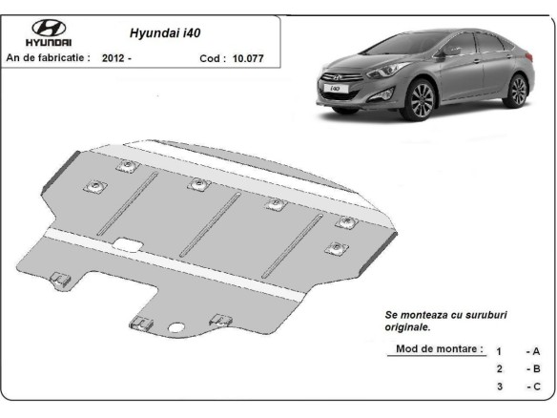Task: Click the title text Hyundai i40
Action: (165, 31)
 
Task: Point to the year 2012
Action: (112, 58)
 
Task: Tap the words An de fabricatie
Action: (48, 58)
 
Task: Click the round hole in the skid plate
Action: (176, 330)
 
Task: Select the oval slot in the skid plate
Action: (126, 250)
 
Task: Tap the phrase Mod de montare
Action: (439, 348)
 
